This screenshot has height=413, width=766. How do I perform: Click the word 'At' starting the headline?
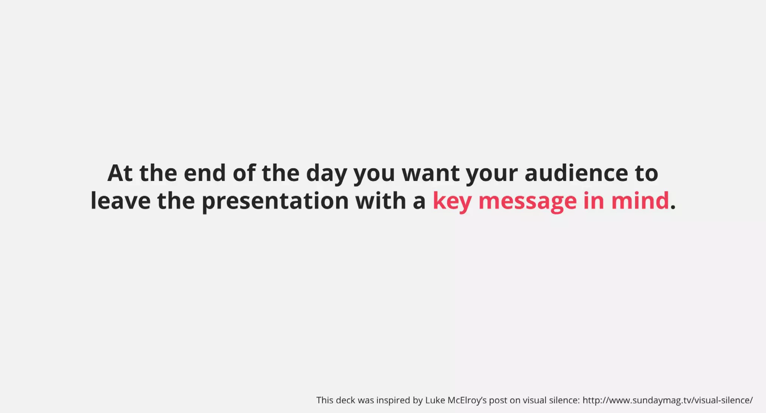(x=120, y=173)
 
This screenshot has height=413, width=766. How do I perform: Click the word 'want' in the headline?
(x=431, y=173)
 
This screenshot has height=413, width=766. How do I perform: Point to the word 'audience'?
(x=576, y=173)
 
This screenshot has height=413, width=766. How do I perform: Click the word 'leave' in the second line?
(x=120, y=201)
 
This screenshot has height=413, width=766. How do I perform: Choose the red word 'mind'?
(x=640, y=201)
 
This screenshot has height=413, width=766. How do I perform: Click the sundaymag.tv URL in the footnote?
(x=667, y=400)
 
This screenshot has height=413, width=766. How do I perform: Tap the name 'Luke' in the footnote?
(x=435, y=400)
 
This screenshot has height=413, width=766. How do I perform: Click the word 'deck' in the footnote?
(x=345, y=400)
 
